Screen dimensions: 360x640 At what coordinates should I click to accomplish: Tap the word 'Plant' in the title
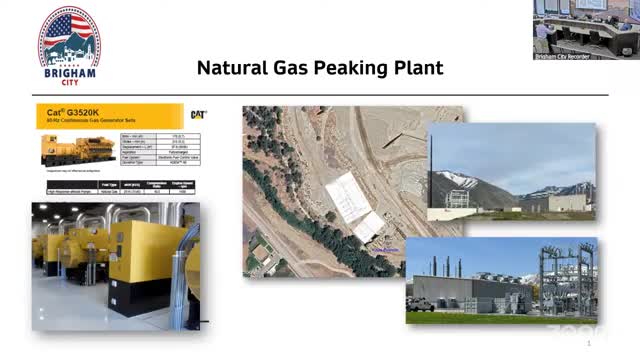point(420,69)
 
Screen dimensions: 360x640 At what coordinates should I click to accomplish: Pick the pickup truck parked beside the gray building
point(422,303)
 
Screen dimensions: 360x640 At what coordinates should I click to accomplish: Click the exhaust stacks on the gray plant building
point(455,266)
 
